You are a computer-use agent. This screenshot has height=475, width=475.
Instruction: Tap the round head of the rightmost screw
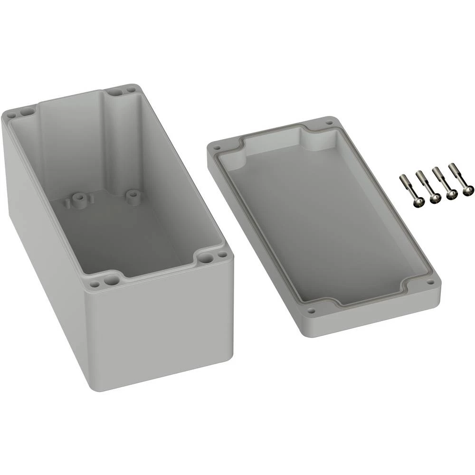tap(468, 190)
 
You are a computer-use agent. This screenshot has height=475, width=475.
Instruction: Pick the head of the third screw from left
tap(452, 194)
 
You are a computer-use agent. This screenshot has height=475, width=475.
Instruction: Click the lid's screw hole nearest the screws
tap(328, 123)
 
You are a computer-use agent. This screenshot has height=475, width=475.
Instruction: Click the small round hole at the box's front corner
tap(94, 285)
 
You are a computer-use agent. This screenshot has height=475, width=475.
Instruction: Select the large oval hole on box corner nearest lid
tap(206, 259)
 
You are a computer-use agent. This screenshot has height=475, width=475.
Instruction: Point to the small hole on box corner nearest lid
tap(222, 254)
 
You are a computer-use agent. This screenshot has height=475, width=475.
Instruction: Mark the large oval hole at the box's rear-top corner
tap(114, 91)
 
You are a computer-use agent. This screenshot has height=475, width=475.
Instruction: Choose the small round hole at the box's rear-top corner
tap(130, 88)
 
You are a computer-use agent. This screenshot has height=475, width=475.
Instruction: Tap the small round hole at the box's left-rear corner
tap(10, 115)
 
